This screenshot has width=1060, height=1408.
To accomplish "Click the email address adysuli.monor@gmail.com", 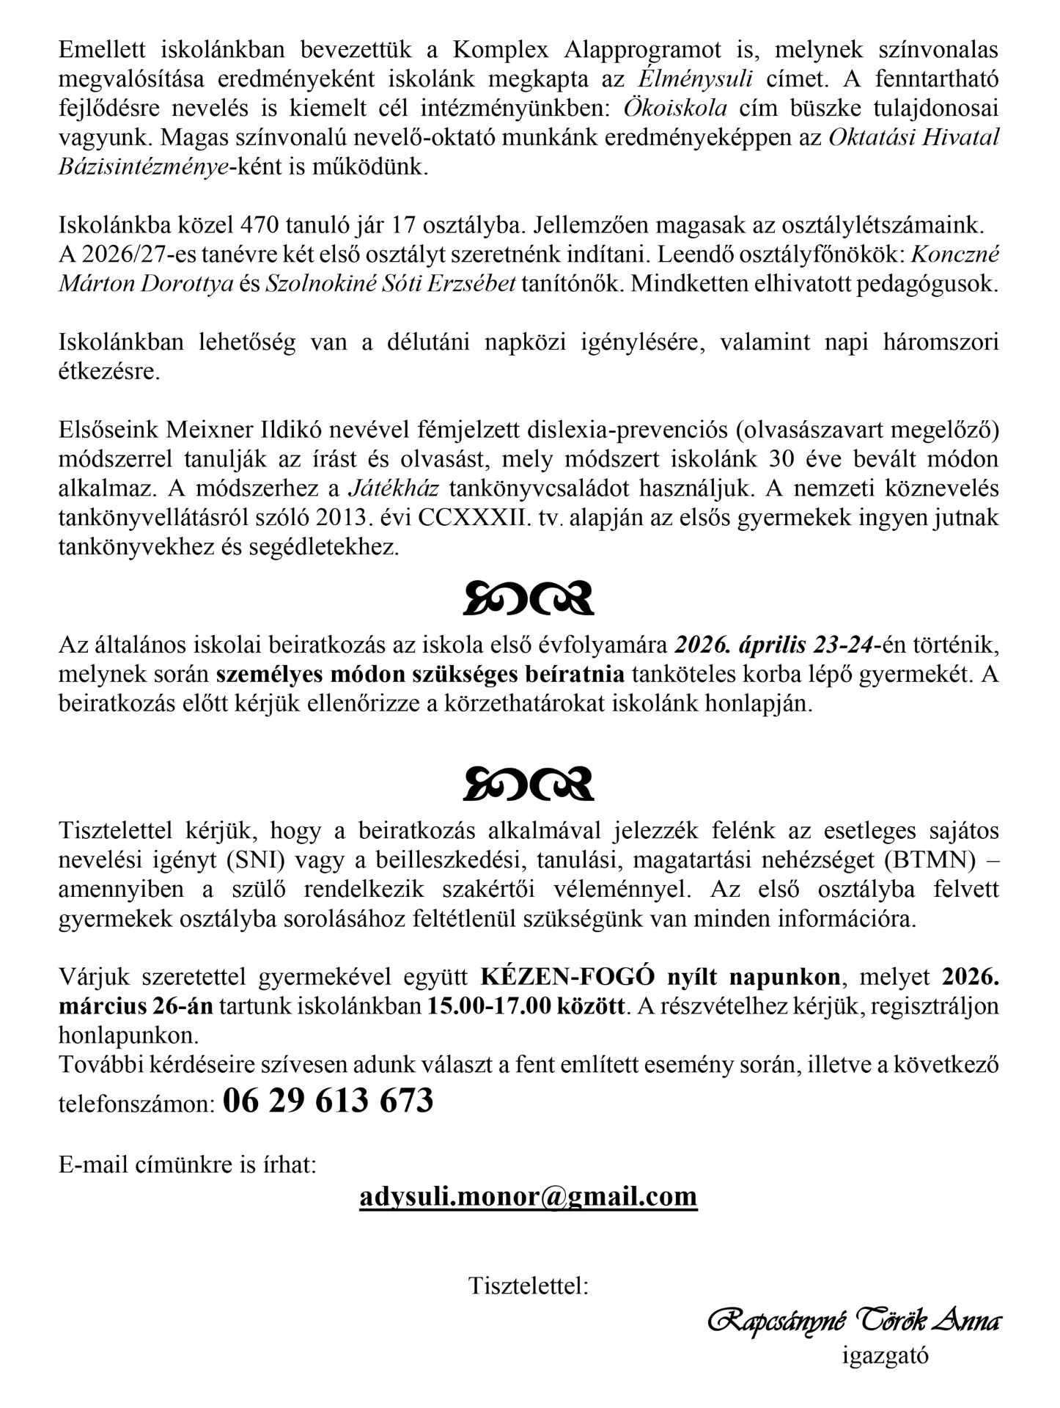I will (x=528, y=1196).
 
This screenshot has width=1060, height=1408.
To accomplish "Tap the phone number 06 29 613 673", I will (x=328, y=1101).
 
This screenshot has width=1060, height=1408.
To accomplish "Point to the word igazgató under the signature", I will (x=885, y=1355).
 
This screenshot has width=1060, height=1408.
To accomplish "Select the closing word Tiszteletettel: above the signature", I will (x=529, y=1286).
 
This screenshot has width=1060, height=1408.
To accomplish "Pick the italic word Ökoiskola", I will (x=675, y=108).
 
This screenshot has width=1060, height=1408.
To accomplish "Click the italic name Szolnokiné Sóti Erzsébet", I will (x=390, y=284).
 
